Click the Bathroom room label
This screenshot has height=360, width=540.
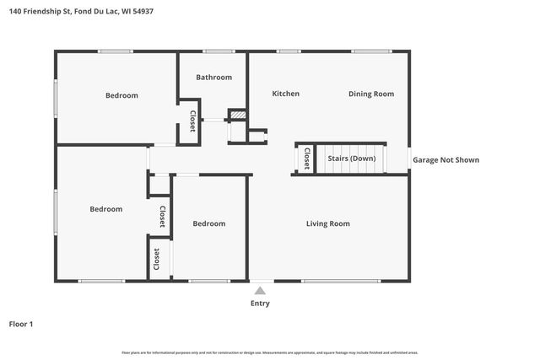(x=213, y=78)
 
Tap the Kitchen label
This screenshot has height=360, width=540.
(x=285, y=94)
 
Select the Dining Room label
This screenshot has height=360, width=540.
(x=371, y=94)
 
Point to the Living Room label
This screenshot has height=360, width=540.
(x=327, y=223)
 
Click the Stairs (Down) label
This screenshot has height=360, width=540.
(x=351, y=159)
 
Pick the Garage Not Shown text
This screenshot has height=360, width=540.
(x=445, y=159)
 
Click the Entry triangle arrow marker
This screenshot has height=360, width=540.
(x=260, y=291)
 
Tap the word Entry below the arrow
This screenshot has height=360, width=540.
(x=260, y=304)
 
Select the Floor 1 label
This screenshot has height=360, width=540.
(x=21, y=324)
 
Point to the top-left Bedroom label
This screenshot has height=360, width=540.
(x=121, y=95)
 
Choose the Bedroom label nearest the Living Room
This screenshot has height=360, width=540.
(x=208, y=223)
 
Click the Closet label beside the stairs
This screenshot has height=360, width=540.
(x=306, y=159)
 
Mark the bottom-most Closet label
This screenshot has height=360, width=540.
(x=156, y=260)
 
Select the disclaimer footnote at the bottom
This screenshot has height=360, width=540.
(x=270, y=352)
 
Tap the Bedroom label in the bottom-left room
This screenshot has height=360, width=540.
(x=106, y=209)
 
